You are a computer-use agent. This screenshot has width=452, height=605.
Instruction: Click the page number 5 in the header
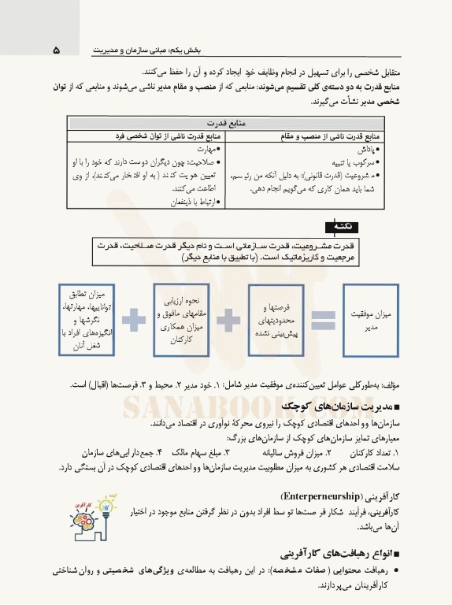pyautogui.click(x=56, y=50)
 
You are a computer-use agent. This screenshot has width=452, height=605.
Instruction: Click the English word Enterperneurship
pyautogui.click(x=315, y=497)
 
